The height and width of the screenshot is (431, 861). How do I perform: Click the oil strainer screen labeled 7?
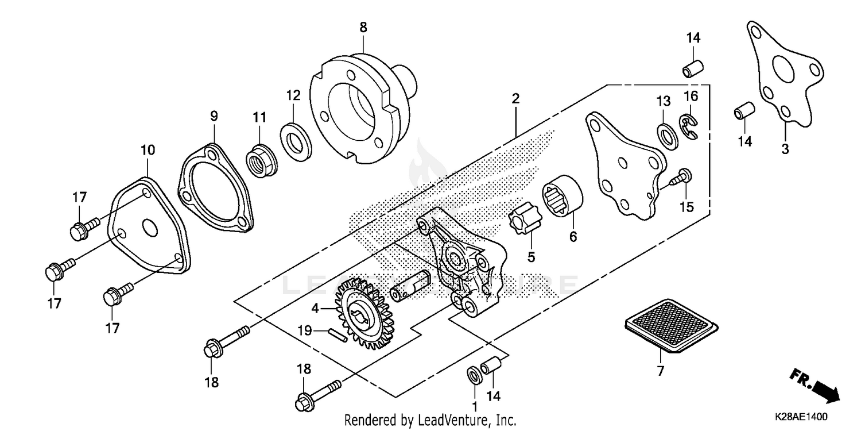[669, 326]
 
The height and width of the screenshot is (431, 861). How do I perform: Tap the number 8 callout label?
[363, 27]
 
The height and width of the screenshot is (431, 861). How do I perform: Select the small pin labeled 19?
[337, 334]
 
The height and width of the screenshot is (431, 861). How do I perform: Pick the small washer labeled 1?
[475, 374]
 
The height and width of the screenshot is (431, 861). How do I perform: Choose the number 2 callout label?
[515, 98]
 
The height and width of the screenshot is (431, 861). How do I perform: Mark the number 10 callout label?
[148, 151]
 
